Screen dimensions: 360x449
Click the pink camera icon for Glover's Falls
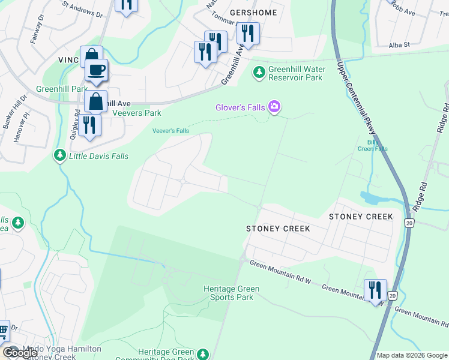pos(275,107)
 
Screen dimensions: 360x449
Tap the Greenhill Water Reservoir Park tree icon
pos(259,73)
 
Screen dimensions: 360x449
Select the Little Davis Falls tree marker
pos(59,156)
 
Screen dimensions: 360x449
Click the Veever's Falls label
pos(170,131)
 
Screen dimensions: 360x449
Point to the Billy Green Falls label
pos(373,145)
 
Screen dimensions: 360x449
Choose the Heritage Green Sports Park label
pos(231,293)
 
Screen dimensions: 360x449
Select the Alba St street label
pos(399,44)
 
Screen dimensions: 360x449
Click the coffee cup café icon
pos(96,70)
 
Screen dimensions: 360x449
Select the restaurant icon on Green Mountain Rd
pos(375,290)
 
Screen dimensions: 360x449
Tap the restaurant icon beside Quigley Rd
pos(89,124)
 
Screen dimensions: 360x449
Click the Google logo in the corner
pos(20,353)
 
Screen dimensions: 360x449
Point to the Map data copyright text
pos(412,355)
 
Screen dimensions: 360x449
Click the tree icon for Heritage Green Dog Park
pos(203,354)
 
